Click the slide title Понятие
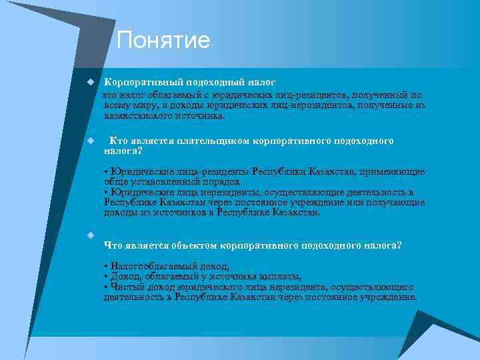click(x=163, y=41)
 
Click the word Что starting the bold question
click(x=114, y=245)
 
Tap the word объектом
click(x=193, y=245)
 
